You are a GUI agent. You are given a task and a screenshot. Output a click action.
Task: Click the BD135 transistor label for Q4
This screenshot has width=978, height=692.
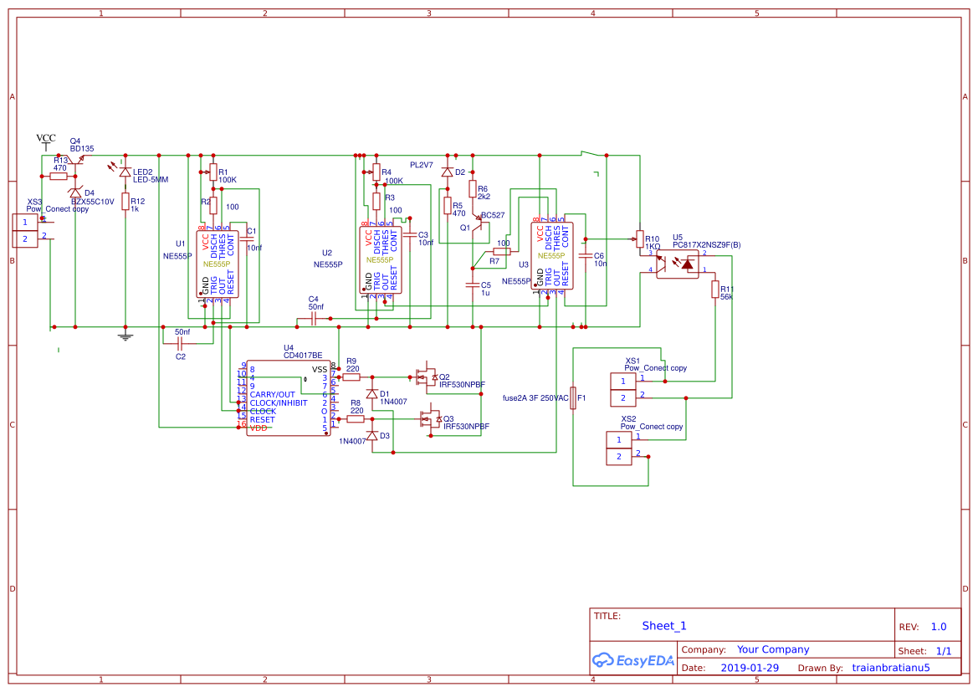pos(82,148)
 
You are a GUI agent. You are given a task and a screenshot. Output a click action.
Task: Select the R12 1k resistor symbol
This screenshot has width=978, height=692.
pos(125,201)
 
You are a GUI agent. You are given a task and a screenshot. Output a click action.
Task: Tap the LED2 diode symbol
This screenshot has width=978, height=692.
pos(125,172)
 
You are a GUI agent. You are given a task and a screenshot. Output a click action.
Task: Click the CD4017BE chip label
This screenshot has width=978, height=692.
pos(303,356)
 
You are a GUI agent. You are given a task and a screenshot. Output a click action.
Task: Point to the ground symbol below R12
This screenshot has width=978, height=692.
pos(125,336)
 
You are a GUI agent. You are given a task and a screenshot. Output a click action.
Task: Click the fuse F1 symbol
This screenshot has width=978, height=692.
pos(573,398)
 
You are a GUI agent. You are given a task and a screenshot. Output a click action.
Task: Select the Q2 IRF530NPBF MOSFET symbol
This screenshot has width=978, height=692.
pos(428,377)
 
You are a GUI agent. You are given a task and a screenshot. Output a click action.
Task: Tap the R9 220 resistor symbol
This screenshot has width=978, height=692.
pos(351,377)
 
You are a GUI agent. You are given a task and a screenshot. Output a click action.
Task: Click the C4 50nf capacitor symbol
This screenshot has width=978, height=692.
pos(313,319)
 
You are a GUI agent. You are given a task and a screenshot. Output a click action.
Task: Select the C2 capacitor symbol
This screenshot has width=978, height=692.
pos(180,343)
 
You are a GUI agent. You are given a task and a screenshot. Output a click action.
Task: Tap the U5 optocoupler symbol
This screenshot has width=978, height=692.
pos(677,264)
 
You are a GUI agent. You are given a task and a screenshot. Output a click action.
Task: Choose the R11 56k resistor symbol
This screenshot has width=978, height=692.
pos(714,290)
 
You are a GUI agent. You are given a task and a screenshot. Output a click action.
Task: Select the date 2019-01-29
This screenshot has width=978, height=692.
pos(750,668)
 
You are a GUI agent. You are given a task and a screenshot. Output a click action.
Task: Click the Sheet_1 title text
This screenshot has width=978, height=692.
pos(664,626)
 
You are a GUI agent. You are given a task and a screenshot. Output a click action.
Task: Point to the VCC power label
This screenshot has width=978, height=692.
pos(46,138)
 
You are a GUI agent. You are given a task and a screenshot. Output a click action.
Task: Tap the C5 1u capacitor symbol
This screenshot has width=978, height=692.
pos(472,286)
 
